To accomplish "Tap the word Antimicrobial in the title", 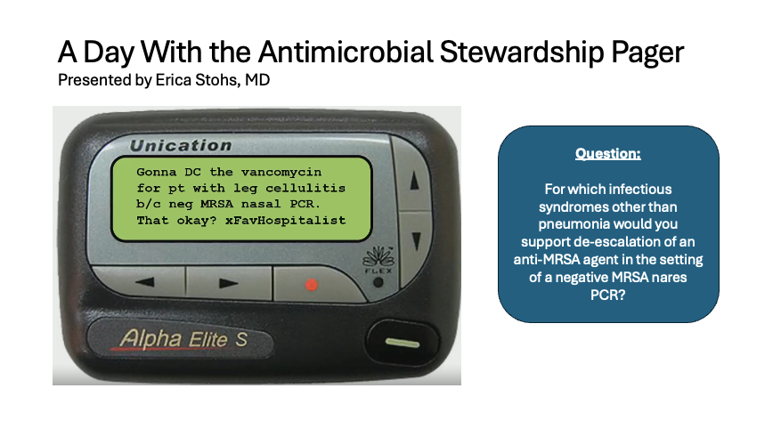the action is pos(346,52).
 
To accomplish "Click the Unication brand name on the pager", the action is pos(181,145).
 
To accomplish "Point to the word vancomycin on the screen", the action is pos(281,172).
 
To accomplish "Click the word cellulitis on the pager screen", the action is pos(305,188).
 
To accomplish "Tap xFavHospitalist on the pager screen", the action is pos(285,220).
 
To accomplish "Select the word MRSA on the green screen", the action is pos(216,204).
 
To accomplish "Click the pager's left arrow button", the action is pos(144,282).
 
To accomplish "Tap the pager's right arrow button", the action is pos(229,283).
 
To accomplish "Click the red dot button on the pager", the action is pos(312,285).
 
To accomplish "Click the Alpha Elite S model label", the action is pos(183,339).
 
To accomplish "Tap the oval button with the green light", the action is pos(403,343).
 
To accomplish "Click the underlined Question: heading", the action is pos(607,153).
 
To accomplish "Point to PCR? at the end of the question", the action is pos(607,295).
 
